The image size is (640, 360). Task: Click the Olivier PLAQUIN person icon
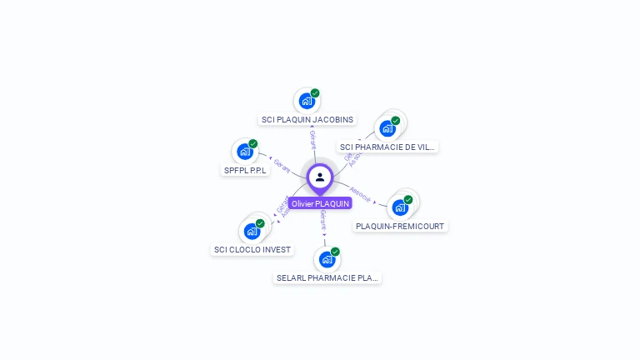(x=320, y=177)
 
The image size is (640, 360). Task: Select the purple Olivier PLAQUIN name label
(x=321, y=203)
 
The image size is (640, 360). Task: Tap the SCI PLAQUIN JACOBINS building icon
(x=307, y=101)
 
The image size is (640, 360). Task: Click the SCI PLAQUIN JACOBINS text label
(x=307, y=119)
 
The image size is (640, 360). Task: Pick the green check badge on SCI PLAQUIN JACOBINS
(x=315, y=93)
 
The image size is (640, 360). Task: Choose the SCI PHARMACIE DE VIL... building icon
(x=387, y=128)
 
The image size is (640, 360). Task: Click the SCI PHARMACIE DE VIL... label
(x=387, y=147)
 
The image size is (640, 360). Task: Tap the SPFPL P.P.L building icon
(x=244, y=152)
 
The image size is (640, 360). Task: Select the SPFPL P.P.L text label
(x=245, y=170)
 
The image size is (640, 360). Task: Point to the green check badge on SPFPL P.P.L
(x=253, y=143)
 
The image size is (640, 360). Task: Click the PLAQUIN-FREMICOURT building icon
(x=400, y=207)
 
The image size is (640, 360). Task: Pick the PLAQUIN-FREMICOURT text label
(x=400, y=226)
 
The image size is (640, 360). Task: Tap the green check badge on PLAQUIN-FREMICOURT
(x=408, y=200)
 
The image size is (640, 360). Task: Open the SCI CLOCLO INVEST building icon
(x=251, y=231)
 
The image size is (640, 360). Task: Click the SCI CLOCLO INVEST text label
(x=252, y=249)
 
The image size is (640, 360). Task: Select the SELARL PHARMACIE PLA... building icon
(x=327, y=259)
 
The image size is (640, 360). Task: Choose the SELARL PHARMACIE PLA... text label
(x=327, y=277)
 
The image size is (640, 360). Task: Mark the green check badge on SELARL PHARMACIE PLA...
(x=335, y=252)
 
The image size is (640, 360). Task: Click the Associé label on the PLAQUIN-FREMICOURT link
(x=360, y=193)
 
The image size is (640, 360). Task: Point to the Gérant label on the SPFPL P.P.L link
(x=282, y=166)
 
